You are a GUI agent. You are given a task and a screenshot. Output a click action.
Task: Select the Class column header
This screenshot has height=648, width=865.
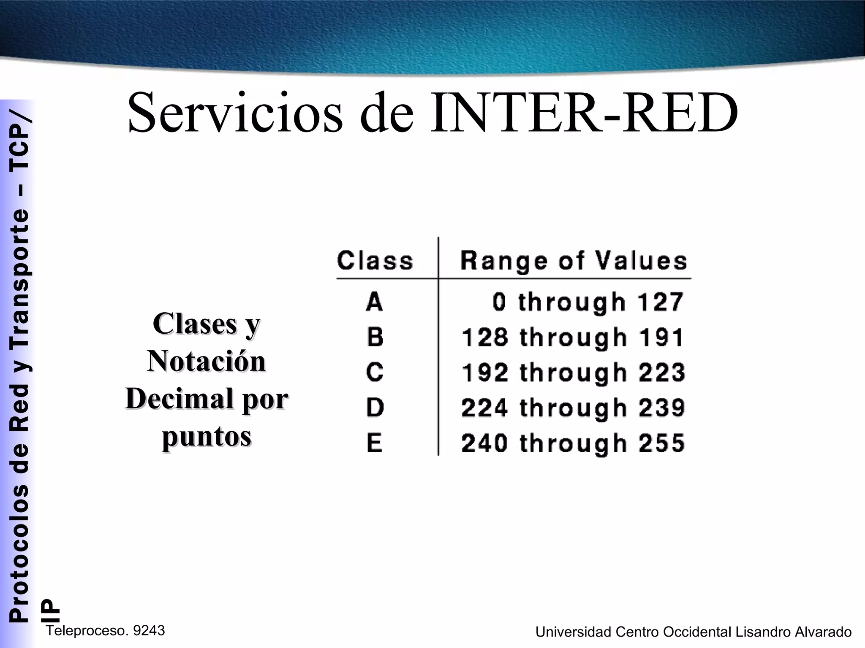(x=375, y=261)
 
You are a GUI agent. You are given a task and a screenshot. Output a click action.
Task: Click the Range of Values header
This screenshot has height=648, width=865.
(x=574, y=261)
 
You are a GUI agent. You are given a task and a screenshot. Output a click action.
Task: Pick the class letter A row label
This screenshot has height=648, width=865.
(x=375, y=302)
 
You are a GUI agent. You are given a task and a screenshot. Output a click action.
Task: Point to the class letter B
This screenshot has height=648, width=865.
(x=375, y=337)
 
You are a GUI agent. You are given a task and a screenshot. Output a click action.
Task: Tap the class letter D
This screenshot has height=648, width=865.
(x=375, y=408)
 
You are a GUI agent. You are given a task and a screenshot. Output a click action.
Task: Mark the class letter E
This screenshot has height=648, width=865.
(x=375, y=443)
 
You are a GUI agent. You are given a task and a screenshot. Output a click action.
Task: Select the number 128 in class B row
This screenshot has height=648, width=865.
(x=484, y=337)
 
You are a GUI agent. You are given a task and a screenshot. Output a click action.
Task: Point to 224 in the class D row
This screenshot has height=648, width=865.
(x=484, y=408)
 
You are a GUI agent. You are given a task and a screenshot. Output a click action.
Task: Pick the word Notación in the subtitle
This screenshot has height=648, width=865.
(x=207, y=362)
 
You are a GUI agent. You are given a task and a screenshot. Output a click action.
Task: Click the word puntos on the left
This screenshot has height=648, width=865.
(x=207, y=437)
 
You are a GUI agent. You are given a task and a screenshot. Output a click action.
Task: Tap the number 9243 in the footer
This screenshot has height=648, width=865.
(x=149, y=631)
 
